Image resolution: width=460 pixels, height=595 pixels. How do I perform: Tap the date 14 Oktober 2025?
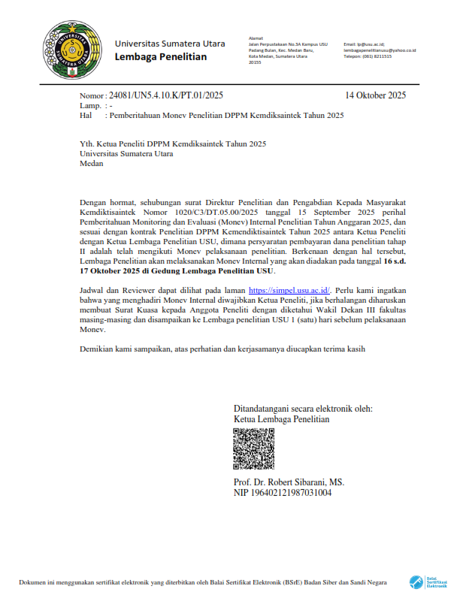point(375,95)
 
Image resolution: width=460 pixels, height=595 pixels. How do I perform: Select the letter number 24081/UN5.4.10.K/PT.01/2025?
point(166,95)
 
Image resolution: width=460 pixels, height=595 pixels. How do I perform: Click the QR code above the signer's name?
point(253,449)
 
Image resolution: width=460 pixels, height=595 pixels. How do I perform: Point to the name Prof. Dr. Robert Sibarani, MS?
point(289,482)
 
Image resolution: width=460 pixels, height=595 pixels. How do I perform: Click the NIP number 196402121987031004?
point(283,493)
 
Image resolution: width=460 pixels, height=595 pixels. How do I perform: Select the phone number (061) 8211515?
point(368,56)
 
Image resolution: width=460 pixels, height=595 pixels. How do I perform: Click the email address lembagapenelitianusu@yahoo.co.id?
point(380,50)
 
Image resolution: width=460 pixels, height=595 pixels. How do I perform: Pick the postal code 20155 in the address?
point(255,62)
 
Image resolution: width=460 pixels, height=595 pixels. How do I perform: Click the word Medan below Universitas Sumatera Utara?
point(91,164)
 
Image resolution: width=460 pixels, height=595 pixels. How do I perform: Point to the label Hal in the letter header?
point(86,116)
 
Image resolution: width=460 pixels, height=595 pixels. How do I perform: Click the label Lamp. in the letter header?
point(90,106)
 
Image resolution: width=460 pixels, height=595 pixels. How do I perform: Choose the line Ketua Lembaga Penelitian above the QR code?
point(282,419)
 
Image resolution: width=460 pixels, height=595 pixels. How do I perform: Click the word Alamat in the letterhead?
point(256,38)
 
